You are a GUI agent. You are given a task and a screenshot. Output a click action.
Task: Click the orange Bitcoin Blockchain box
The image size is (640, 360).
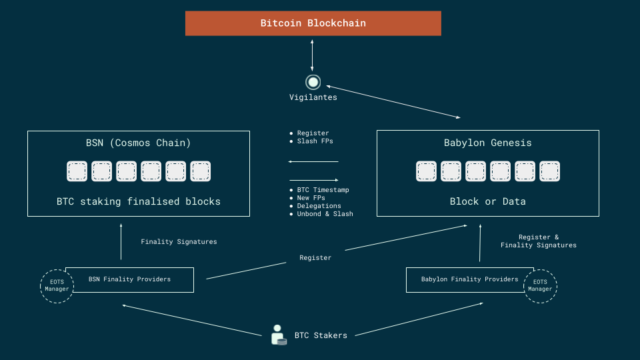click(x=313, y=23)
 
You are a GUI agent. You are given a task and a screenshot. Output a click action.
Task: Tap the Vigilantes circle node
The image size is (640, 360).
click(x=313, y=82)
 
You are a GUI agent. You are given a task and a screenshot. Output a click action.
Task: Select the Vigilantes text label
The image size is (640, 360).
click(x=313, y=97)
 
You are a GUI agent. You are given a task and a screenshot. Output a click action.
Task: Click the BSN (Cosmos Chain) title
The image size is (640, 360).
click(x=139, y=143)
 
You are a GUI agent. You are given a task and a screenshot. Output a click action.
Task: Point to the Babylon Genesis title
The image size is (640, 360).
click(x=487, y=143)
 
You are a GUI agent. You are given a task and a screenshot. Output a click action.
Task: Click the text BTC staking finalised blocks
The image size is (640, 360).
click(x=139, y=201)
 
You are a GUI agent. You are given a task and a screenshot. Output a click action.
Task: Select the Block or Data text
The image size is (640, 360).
click(x=487, y=201)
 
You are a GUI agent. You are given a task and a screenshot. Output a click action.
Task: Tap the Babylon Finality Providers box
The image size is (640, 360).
click(x=467, y=279)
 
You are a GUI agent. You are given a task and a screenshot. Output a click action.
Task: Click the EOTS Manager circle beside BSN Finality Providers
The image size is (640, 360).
click(x=57, y=286)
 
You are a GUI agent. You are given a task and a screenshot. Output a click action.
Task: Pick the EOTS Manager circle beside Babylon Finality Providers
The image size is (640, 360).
click(x=540, y=286)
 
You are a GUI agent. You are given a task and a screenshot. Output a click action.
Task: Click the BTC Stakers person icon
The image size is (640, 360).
click(x=279, y=335)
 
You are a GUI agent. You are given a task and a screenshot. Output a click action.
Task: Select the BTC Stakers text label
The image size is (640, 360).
click(x=321, y=335)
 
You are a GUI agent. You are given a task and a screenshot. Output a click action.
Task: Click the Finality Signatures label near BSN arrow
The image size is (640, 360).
click(x=179, y=242)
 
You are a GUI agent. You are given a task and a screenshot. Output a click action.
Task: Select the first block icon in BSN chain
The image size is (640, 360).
click(x=77, y=172)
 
